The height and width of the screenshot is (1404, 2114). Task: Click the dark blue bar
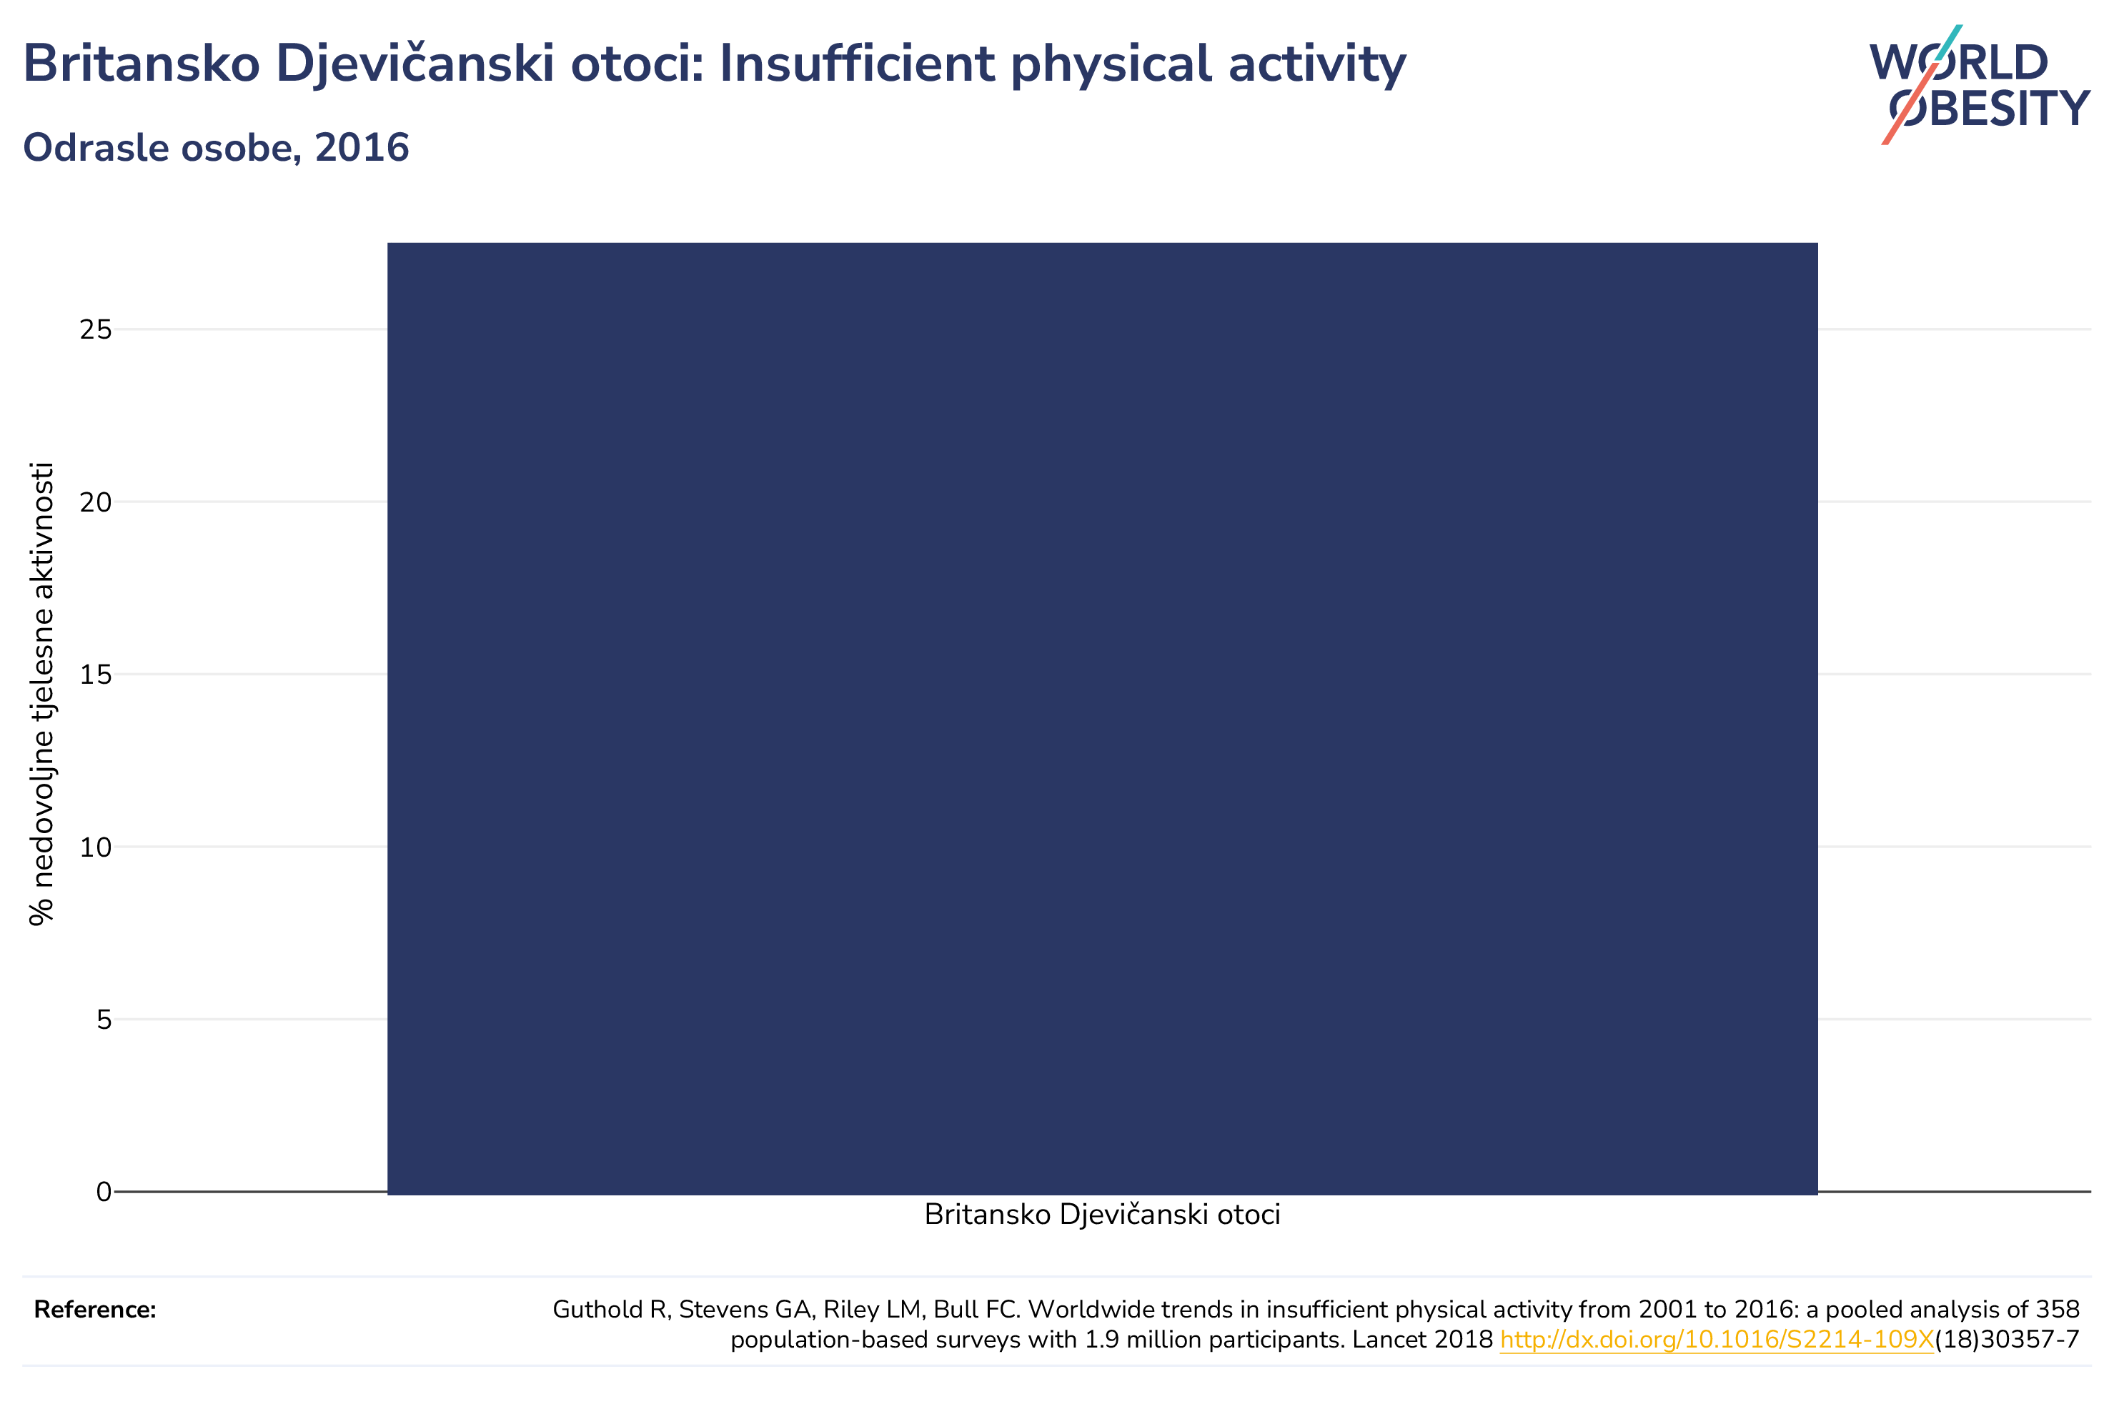click(1102, 718)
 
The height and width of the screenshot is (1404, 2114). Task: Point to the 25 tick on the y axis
click(96, 329)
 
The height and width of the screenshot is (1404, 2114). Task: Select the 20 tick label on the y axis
click(96, 502)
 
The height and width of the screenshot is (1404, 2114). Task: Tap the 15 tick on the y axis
click(96, 674)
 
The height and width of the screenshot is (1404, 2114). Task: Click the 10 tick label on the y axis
click(96, 847)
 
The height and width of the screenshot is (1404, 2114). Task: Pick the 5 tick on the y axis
click(104, 1019)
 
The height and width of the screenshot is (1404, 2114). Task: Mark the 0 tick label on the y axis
click(104, 1192)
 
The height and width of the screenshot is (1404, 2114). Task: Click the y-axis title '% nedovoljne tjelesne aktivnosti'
click(41, 694)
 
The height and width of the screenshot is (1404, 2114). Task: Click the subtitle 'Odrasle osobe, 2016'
click(216, 148)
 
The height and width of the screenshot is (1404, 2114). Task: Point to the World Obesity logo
click(1979, 85)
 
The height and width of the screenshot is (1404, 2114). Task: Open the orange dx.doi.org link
click(1717, 1340)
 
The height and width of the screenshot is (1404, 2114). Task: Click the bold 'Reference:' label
click(95, 1310)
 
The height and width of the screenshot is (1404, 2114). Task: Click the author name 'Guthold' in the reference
click(601, 1310)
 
